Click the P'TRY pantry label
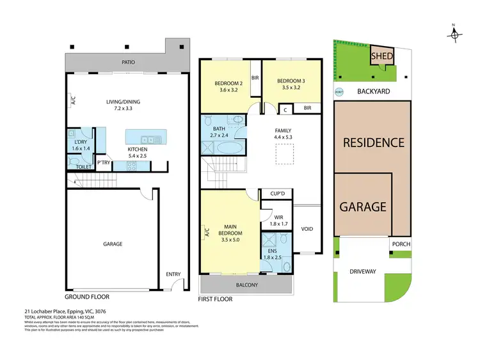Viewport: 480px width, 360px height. [103, 162]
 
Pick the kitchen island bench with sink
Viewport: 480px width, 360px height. [145, 137]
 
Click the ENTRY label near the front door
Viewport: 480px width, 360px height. [173, 274]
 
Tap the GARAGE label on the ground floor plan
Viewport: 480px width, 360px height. [113, 244]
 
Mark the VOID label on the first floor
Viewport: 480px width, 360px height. [307, 229]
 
